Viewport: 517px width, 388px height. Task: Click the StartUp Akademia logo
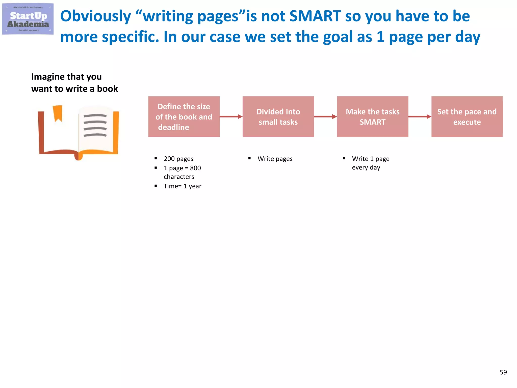coord(28,19)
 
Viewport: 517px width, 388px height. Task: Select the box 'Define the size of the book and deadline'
coord(184,117)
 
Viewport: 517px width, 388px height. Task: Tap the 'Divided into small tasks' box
coord(278,117)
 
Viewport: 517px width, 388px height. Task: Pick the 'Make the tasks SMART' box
coord(373,117)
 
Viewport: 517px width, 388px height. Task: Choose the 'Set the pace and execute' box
coord(467,117)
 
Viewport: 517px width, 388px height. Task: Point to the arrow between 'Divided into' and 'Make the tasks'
coord(325,117)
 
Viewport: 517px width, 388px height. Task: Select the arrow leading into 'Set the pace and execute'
coord(420,117)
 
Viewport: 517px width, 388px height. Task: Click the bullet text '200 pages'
coord(178,159)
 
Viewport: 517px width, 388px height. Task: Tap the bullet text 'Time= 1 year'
coord(183,186)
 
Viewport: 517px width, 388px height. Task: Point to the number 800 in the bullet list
coord(195,168)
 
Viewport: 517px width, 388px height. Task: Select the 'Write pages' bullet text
coord(275,159)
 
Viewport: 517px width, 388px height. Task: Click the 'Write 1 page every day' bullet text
coord(370,163)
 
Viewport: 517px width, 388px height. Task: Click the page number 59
coord(503,372)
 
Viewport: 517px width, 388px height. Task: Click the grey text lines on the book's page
coord(95,125)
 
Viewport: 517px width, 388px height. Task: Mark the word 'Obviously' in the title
coord(96,16)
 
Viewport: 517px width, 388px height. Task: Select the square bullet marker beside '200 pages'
coord(156,159)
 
